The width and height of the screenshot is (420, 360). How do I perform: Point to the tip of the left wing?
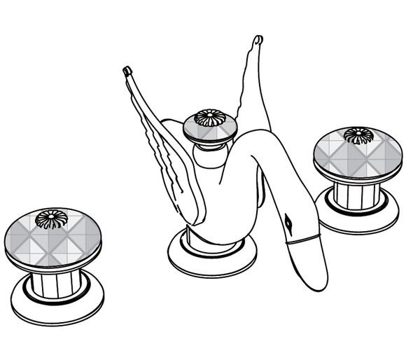coord(127,70)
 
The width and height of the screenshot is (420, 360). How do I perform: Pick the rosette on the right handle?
coord(359,135)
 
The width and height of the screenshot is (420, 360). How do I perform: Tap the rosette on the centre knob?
coord(209,118)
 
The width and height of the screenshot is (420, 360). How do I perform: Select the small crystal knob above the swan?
coord(210,127)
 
